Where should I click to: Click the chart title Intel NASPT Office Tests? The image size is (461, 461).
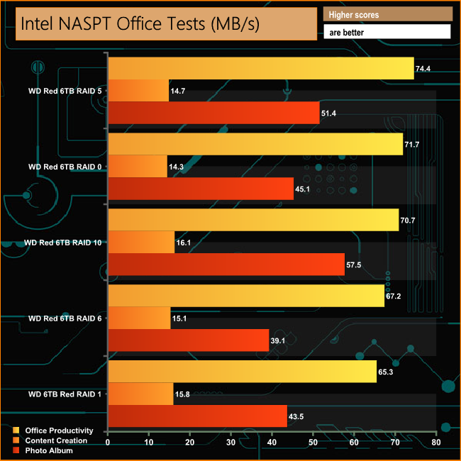click(x=140, y=24)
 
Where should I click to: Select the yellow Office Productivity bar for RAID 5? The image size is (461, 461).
click(x=260, y=68)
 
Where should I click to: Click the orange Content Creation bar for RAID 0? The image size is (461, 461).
click(x=137, y=166)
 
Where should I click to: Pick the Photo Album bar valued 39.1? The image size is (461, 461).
click(x=188, y=340)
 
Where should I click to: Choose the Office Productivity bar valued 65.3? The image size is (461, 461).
click(x=242, y=372)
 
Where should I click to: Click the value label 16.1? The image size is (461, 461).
click(x=184, y=243)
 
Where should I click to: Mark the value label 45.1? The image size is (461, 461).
click(x=304, y=189)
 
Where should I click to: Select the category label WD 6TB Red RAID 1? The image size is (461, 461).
click(x=65, y=394)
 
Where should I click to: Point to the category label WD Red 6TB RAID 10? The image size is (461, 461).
click(x=62, y=243)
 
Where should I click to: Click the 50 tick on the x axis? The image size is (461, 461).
click(x=313, y=443)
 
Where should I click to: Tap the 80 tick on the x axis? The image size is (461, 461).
click(x=435, y=443)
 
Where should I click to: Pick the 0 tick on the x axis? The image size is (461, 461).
click(x=108, y=443)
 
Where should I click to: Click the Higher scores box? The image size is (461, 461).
click(x=387, y=14)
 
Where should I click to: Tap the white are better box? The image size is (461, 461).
click(x=387, y=32)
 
